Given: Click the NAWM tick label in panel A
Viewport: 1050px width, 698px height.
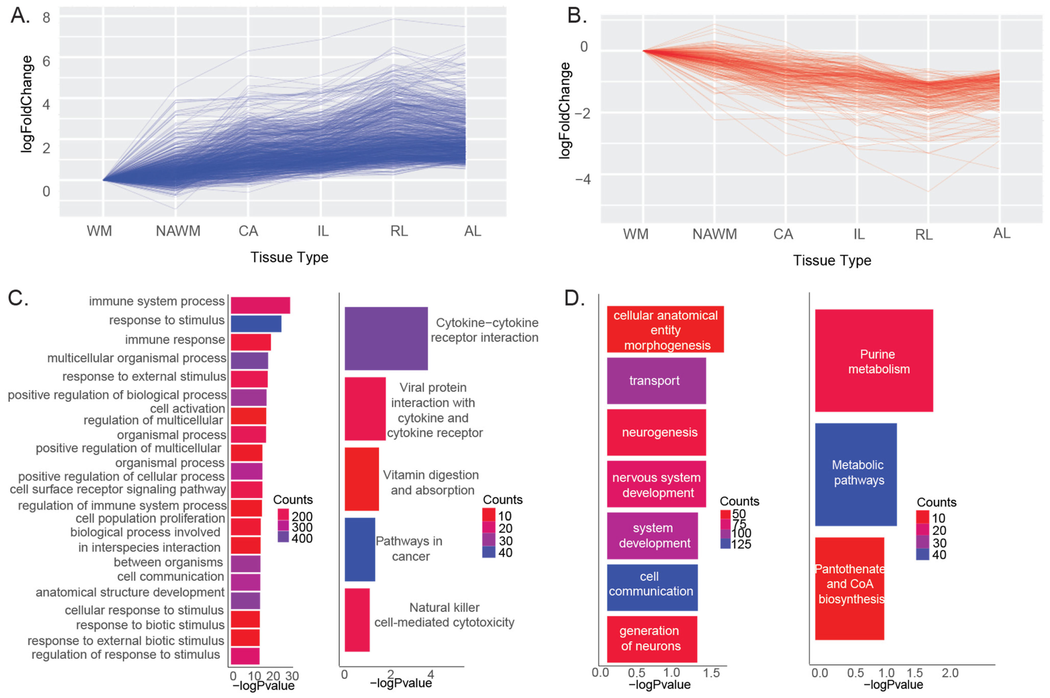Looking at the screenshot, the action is pos(178,231).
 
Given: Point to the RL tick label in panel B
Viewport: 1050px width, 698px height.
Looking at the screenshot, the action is pos(924,235).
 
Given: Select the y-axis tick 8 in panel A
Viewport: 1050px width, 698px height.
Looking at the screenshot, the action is pos(46,18).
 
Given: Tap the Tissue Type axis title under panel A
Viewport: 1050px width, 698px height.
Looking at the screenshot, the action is pos(289,257).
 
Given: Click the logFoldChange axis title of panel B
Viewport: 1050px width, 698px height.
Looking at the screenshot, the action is pos(564,110).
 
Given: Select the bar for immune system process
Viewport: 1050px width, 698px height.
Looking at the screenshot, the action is pos(260,305).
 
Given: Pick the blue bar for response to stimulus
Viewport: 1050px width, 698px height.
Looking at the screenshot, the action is pos(256,324).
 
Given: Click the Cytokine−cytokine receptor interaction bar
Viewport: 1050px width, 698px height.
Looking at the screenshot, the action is pos(386,338).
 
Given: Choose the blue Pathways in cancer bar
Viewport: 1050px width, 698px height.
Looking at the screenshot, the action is pos(360,549).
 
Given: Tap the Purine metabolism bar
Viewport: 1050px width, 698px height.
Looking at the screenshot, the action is pos(874,360).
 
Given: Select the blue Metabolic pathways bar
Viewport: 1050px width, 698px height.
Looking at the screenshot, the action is pos(856,474).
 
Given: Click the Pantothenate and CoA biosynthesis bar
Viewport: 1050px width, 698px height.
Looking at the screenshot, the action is pos(850,588).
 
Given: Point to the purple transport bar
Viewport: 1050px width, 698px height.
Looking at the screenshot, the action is pos(656,381).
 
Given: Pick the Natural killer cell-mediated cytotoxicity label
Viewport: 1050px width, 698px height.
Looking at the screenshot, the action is pos(444,615).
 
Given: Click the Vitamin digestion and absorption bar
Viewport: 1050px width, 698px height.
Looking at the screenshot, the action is pos(362,479).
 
